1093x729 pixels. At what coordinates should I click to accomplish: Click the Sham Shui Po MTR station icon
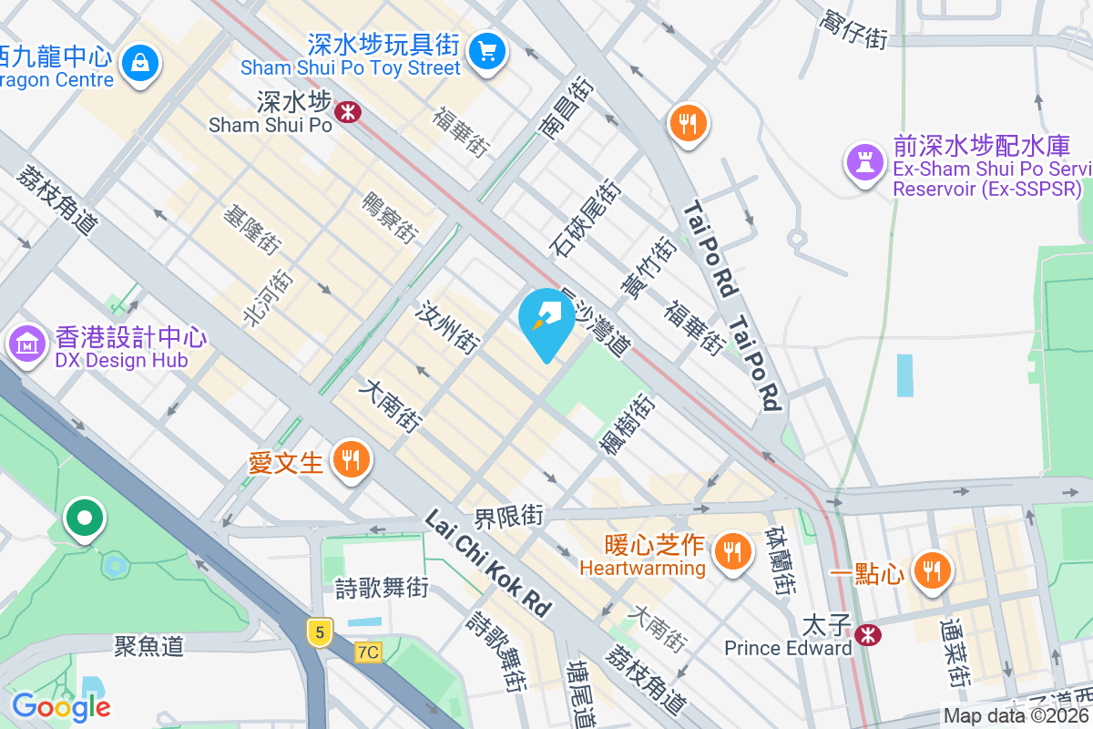(347, 112)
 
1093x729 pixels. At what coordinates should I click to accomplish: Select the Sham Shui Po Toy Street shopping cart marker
(487, 50)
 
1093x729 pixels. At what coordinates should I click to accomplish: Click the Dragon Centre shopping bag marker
(142, 63)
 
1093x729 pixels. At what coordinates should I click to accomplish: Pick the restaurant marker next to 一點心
(931, 570)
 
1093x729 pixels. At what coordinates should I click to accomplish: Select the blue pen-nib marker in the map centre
(546, 319)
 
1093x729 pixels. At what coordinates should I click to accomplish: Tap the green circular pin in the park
(85, 519)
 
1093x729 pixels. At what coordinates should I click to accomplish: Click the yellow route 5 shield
(318, 631)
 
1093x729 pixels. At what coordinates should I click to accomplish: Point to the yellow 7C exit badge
(368, 652)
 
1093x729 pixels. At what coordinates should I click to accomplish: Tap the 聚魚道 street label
(149, 646)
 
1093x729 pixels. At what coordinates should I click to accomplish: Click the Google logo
(61, 706)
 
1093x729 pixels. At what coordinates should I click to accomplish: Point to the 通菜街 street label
(952, 652)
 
